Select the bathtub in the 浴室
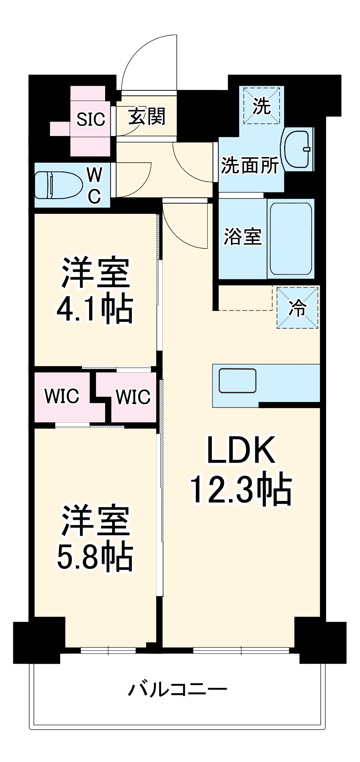[291, 239]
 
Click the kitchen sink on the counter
[237, 381]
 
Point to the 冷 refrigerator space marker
[298, 307]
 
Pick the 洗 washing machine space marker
[262, 106]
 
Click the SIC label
[91, 120]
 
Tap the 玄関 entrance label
[147, 116]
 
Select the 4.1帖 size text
[95, 309]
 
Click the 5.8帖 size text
[95, 557]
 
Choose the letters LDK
[241, 450]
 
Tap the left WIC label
[62, 396]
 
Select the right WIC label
[133, 397]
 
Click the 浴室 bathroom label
[242, 237]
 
